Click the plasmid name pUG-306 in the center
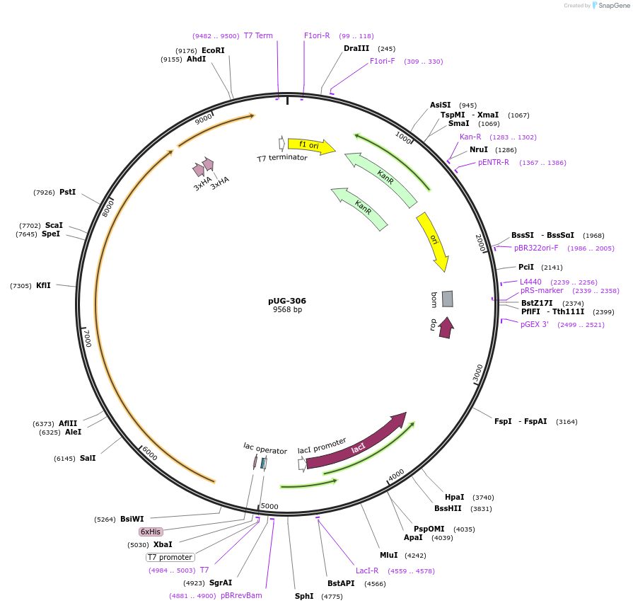click(287, 301)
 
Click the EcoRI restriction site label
click(213, 50)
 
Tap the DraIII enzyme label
click(356, 49)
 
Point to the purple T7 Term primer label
click(258, 35)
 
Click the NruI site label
click(479, 149)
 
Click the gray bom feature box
click(447, 299)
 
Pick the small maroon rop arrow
click(446, 327)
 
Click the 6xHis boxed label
click(151, 532)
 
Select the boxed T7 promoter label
click(170, 557)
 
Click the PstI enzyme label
click(68, 192)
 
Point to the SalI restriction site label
click(88, 458)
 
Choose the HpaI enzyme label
click(455, 497)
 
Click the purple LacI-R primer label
click(367, 570)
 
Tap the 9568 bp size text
click(287, 310)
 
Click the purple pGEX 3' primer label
click(535, 324)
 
